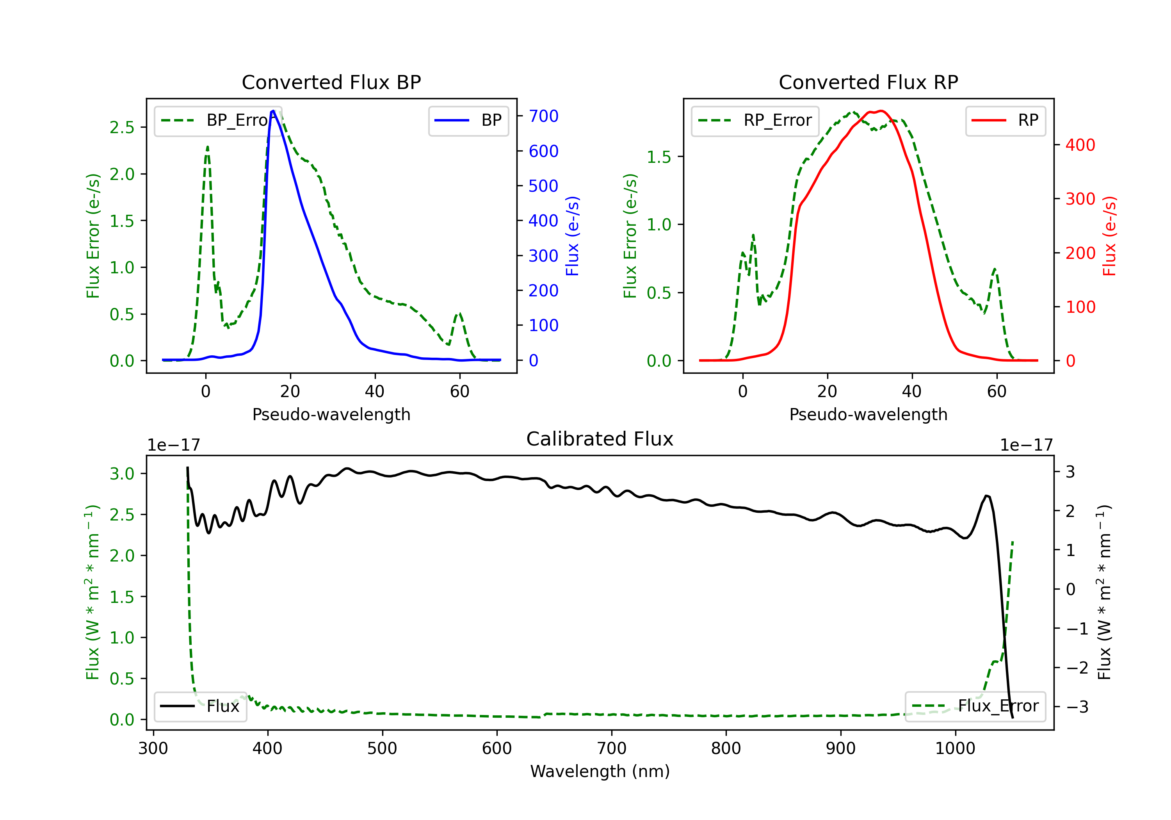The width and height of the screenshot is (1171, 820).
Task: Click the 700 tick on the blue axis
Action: tap(543, 116)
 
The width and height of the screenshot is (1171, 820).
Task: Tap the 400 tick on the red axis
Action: tap(1080, 145)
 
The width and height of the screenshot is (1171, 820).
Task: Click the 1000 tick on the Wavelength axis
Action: tap(955, 749)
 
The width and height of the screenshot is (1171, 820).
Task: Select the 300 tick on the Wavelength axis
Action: tap(153, 749)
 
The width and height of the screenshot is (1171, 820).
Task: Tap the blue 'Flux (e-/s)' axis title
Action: tap(572, 236)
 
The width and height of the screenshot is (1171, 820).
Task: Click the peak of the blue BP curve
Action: tap(273, 111)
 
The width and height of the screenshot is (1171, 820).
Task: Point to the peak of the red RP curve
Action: tap(881, 111)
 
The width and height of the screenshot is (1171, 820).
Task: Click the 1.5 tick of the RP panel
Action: tap(659, 157)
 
